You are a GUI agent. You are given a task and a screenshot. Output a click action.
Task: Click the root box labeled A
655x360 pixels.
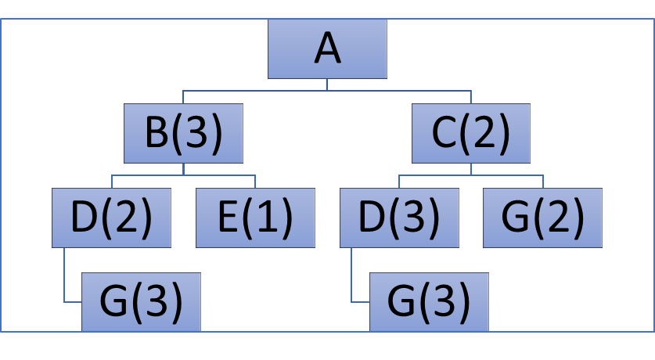click(327, 49)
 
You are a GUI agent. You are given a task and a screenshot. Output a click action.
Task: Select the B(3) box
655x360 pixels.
click(183, 134)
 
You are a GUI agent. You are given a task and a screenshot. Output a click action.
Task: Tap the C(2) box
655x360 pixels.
click(471, 134)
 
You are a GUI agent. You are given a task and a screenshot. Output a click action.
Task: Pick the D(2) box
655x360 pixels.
click(111, 218)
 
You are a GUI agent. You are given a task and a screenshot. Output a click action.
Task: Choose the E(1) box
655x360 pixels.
click(255, 218)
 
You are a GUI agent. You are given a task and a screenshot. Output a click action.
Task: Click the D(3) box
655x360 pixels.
click(399, 218)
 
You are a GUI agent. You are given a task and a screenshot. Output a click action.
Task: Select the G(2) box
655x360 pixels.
click(542, 218)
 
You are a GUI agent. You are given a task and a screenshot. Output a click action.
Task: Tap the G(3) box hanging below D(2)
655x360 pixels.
click(141, 301)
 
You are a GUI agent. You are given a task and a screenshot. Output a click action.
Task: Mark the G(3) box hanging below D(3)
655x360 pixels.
click(429, 301)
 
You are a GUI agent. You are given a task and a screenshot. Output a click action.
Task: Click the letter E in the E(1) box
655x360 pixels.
click(228, 218)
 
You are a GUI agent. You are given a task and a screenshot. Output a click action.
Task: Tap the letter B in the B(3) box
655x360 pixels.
click(157, 134)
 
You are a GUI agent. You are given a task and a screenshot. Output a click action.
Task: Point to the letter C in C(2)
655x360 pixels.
click(444, 134)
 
